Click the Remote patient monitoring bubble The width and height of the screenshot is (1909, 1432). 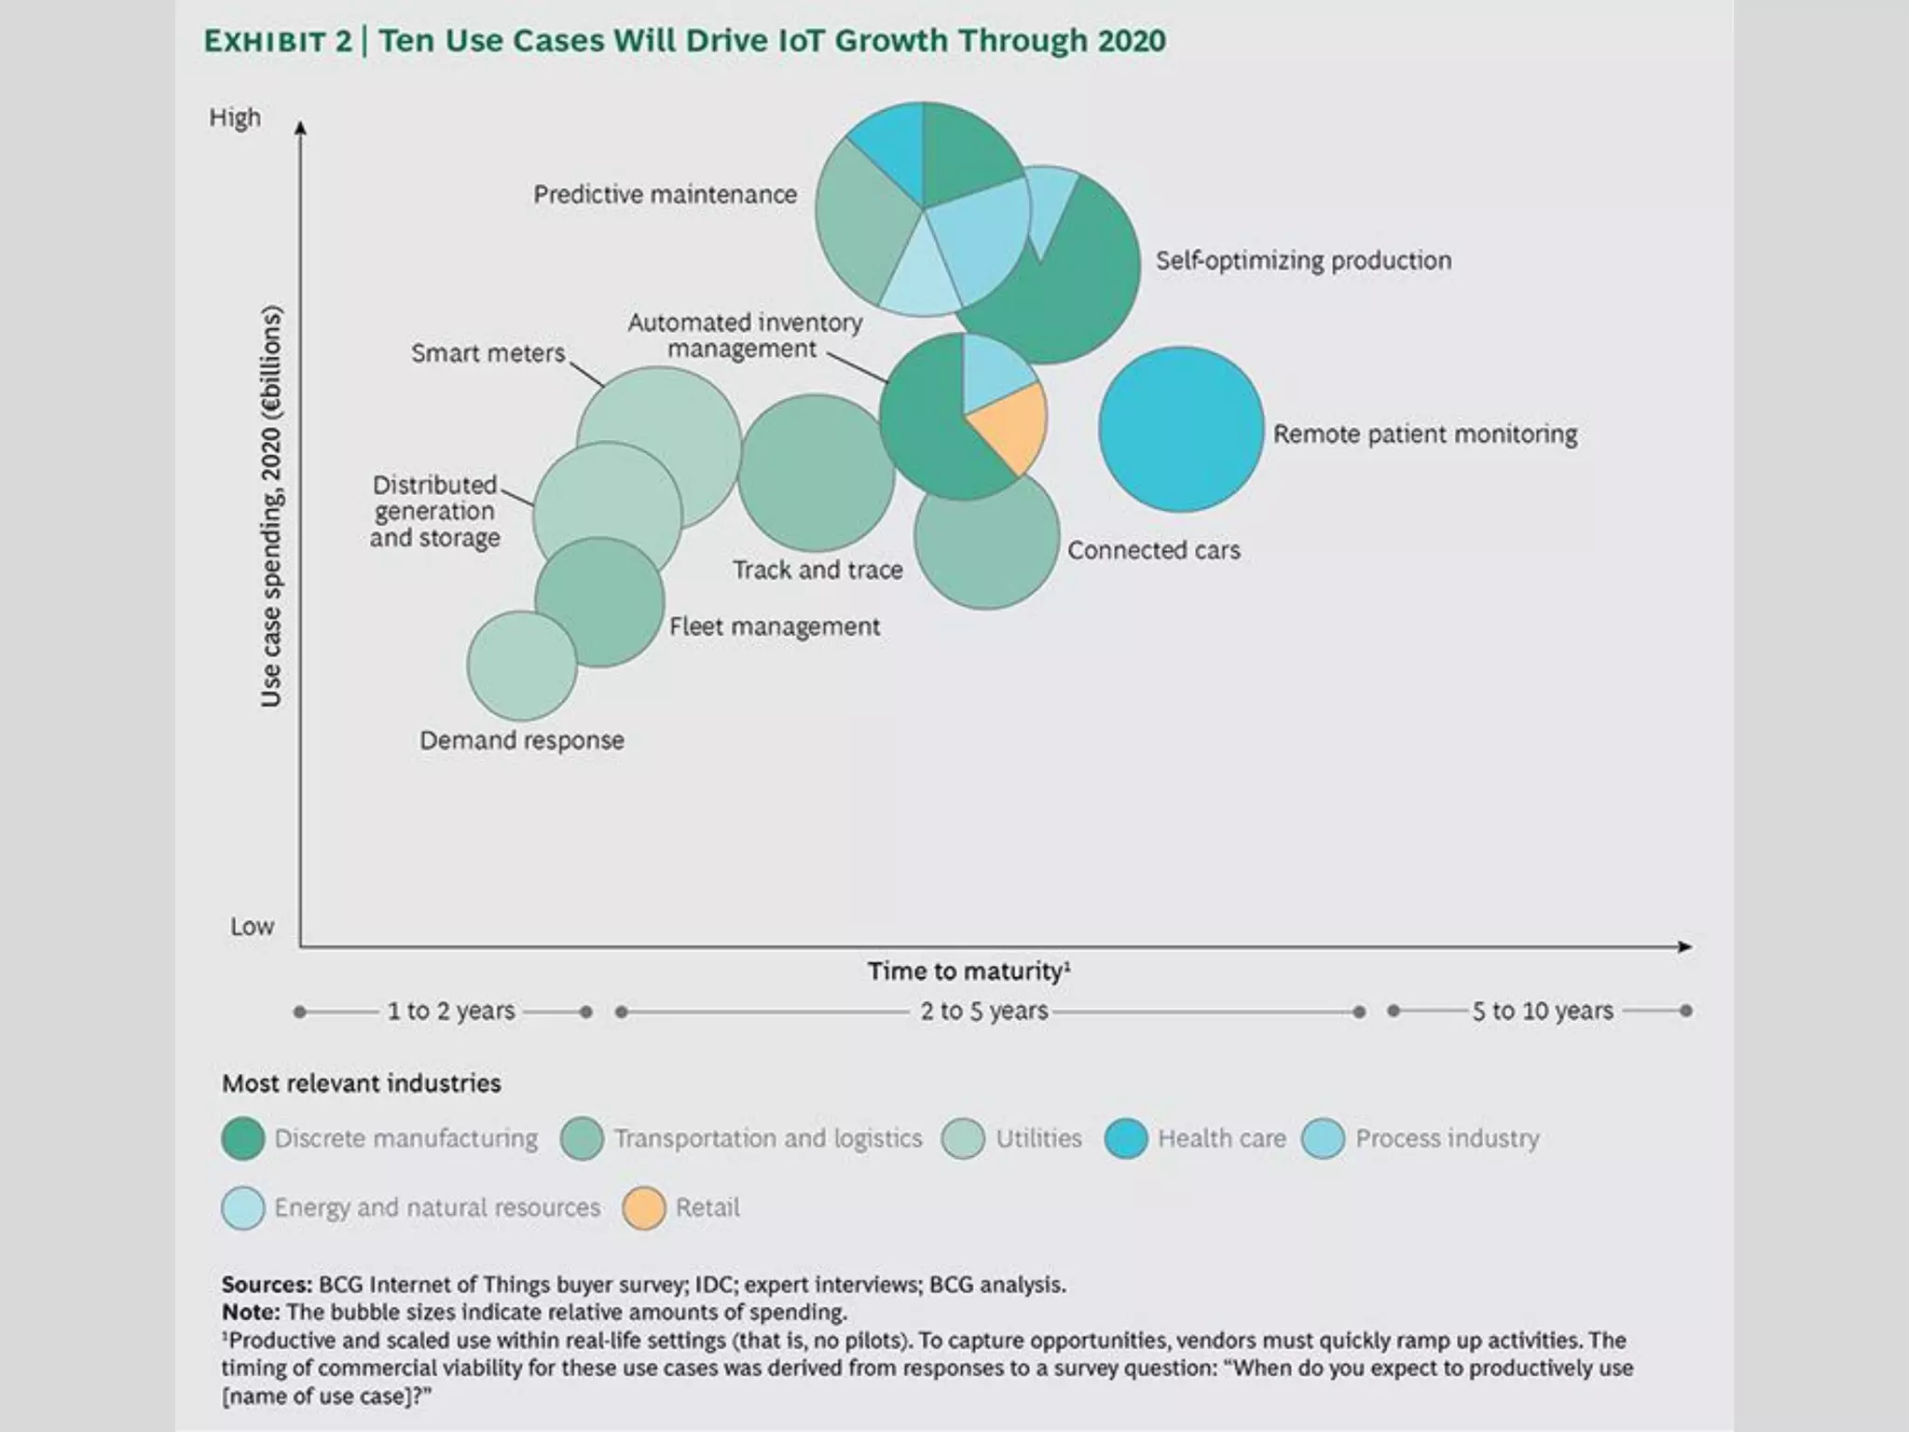click(1181, 430)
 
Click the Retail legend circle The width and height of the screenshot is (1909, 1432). click(643, 1208)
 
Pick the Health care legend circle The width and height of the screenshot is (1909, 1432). click(1125, 1139)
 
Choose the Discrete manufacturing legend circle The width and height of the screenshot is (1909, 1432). click(243, 1139)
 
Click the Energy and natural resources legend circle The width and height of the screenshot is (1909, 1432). click(243, 1208)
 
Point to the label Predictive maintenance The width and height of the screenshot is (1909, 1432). click(665, 195)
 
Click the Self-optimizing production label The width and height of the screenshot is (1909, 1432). click(1303, 260)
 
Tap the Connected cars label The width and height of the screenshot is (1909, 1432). click(1153, 550)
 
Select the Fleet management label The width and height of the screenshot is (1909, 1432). click(774, 626)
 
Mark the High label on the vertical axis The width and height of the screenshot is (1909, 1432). click(235, 118)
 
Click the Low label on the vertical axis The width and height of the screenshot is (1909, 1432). click(252, 927)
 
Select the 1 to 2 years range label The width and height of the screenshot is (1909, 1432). click(451, 1012)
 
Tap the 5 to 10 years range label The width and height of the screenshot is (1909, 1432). click(1542, 1012)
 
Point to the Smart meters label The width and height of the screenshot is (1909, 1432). click(488, 353)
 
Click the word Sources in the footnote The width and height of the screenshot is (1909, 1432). click(266, 1285)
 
